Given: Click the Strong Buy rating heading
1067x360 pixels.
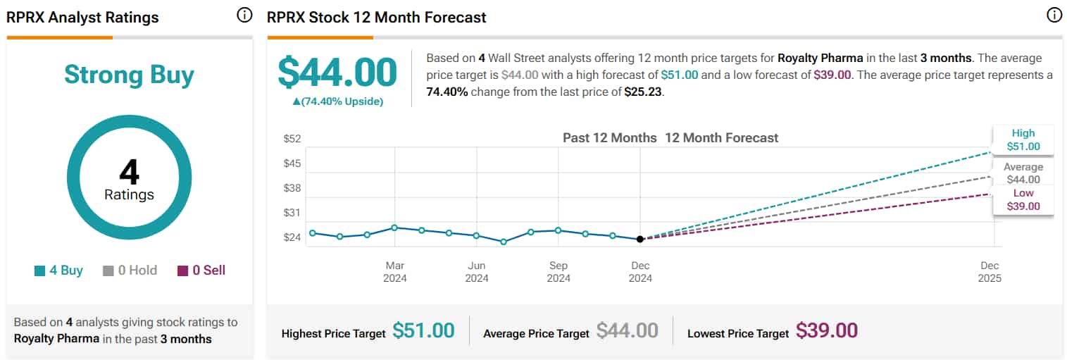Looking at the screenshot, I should point(129,75).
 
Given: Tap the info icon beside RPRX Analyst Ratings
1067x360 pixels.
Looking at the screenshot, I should point(244,15).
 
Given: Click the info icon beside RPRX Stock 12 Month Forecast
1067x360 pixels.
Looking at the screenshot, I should point(1054,15).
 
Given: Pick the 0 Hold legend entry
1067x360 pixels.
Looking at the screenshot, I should point(130,271).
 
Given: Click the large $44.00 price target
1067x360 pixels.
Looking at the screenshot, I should point(337,72).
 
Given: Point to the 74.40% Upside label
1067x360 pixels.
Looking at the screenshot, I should point(337,101).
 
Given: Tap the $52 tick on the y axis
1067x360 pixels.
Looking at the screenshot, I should point(292,138).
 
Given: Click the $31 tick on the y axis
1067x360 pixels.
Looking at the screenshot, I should point(292,213).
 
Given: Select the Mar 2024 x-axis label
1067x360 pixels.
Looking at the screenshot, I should point(395,271).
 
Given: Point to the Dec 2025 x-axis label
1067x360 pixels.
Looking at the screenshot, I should point(990,271).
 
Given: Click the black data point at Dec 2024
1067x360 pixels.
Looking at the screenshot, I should point(639,240).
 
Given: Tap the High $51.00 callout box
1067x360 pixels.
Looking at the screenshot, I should point(1023,139).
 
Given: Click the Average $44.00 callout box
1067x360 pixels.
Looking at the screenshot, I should point(1023,173).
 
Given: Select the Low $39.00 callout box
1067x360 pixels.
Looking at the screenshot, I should point(1023,199).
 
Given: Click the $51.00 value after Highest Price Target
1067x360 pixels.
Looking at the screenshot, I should point(423,330).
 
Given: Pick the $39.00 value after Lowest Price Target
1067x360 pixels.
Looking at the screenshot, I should point(827,330).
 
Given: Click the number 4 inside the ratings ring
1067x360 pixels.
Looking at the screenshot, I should point(129,172).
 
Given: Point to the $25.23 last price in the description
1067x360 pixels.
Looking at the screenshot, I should point(643,91).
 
